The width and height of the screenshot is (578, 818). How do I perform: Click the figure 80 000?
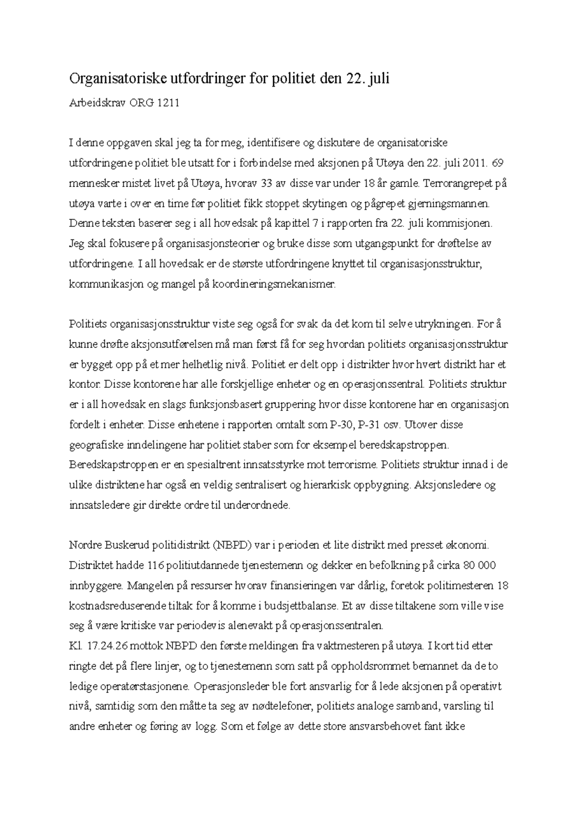479,566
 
